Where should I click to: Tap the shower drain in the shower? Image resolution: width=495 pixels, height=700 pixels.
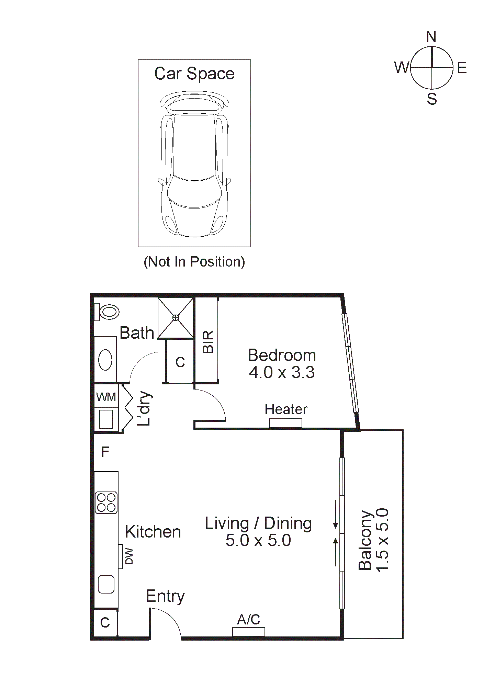(x=176, y=318)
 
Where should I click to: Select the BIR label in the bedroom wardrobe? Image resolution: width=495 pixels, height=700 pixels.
(x=208, y=342)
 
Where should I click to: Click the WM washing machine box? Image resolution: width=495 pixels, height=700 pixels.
(x=106, y=397)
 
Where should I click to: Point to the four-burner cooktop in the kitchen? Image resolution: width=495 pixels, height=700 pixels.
(x=106, y=503)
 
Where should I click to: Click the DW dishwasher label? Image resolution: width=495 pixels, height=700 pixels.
(x=129, y=556)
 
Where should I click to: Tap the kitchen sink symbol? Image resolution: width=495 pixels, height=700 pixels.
(x=106, y=584)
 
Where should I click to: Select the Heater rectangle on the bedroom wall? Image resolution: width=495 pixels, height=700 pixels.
(x=285, y=423)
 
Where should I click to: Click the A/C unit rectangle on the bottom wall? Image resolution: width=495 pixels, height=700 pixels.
(x=248, y=632)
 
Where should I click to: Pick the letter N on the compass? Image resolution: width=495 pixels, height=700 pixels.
(x=431, y=37)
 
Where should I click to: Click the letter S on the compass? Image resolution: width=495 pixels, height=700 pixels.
(x=432, y=99)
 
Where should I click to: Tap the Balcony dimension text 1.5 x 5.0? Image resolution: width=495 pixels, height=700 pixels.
(x=383, y=540)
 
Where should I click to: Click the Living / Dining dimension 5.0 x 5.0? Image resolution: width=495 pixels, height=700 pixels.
(x=258, y=540)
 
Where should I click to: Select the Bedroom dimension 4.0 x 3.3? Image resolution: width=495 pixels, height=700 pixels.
(x=282, y=372)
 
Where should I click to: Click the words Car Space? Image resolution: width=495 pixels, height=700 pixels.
(x=194, y=74)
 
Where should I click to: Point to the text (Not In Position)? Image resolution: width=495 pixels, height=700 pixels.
(x=194, y=262)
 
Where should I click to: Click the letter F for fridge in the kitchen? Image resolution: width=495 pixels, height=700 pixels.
(x=105, y=451)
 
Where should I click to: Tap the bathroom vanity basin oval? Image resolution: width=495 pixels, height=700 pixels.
(x=105, y=360)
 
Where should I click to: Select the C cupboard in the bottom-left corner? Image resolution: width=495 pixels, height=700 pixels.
(x=105, y=622)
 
